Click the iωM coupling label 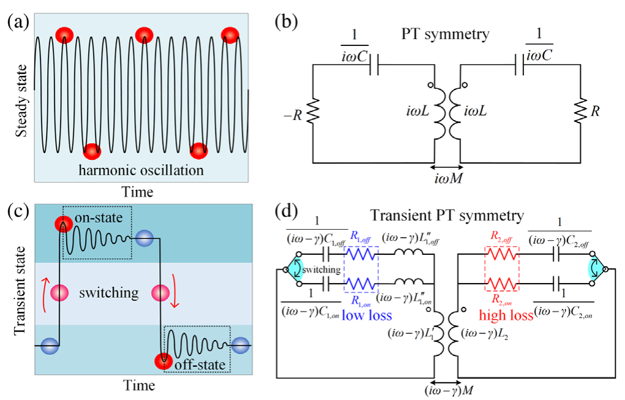[444, 179]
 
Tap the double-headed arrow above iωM [444, 167]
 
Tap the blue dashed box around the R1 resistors [361, 269]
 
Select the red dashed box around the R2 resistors [501, 269]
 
